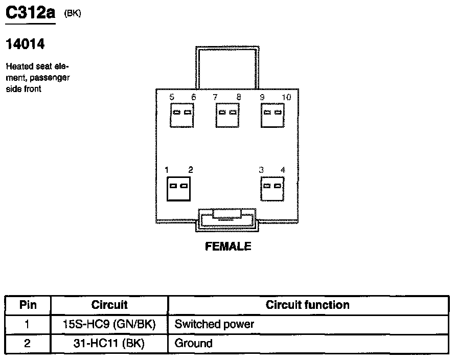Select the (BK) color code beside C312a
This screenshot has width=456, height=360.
click(x=72, y=14)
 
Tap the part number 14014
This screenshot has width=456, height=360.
click(x=25, y=45)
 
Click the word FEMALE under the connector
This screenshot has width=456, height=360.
click(x=228, y=246)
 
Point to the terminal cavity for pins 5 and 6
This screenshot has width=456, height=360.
click(x=182, y=115)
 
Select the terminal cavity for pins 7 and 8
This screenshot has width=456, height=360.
click(x=227, y=115)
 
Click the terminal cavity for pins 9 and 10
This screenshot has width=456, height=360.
click(x=272, y=115)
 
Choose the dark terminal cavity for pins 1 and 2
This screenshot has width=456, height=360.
click(x=179, y=189)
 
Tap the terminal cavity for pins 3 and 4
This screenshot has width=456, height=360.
click(x=272, y=188)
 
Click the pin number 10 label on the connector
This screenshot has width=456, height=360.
click(x=286, y=97)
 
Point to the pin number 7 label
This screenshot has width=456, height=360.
click(x=215, y=97)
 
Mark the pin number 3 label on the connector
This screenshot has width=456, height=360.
click(x=261, y=170)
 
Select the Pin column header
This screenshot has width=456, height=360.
click(x=28, y=305)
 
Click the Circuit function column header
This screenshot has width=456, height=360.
click(x=307, y=305)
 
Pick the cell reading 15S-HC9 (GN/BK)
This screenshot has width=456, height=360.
click(x=109, y=324)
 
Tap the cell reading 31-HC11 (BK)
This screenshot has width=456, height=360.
click(x=109, y=343)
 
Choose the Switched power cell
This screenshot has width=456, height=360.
click(x=214, y=324)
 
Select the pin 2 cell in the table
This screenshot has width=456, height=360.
click(x=28, y=343)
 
